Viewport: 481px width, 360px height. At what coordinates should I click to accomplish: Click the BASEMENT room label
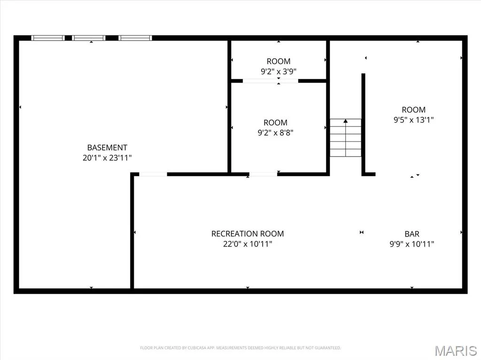(x=107, y=147)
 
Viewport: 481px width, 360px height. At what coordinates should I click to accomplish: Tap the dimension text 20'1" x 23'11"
(x=107, y=158)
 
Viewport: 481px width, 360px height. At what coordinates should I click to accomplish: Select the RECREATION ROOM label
(x=248, y=234)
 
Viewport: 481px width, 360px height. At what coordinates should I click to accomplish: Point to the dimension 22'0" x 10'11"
(x=248, y=244)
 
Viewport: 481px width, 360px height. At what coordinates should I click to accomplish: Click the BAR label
(x=412, y=234)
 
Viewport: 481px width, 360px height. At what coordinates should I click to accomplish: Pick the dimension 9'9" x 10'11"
(x=412, y=244)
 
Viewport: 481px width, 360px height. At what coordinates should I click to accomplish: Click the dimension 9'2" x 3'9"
(x=279, y=71)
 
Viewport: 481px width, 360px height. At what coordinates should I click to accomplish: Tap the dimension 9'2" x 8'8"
(x=275, y=132)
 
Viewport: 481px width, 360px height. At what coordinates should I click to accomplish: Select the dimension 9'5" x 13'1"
(x=413, y=120)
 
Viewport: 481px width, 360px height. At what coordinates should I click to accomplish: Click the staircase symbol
(x=346, y=138)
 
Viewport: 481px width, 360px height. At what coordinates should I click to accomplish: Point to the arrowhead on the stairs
(x=346, y=121)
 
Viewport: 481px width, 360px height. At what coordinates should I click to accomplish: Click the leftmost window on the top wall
(x=48, y=38)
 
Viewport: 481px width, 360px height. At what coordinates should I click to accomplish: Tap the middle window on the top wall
(x=89, y=38)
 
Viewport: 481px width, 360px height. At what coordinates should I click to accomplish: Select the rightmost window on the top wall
(x=135, y=38)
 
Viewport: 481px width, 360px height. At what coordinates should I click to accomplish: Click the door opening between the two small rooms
(x=271, y=81)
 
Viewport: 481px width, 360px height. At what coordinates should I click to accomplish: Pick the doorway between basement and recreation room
(x=153, y=174)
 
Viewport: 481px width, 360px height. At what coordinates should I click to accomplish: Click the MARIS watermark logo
(x=456, y=351)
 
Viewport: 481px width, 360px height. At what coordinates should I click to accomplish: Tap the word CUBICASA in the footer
(x=197, y=348)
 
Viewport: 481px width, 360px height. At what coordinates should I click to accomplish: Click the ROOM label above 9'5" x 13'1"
(x=413, y=109)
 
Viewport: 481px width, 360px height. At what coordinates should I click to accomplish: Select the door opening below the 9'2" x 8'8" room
(x=263, y=174)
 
